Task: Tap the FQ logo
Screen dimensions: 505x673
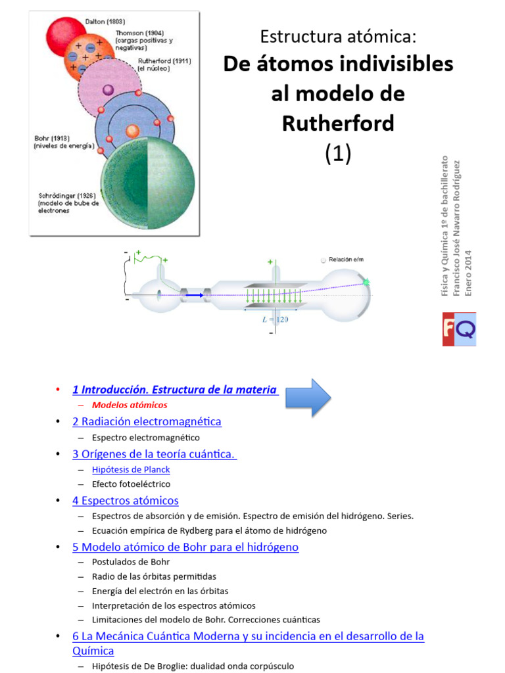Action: coord(458,329)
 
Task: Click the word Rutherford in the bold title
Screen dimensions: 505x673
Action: coord(338,123)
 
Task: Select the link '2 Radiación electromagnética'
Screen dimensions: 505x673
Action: coord(147,421)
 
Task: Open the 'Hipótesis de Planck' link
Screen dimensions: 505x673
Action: coord(131,469)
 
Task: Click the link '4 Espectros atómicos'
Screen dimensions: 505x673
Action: coord(125,500)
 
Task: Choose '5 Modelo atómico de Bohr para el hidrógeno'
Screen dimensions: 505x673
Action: coord(185,546)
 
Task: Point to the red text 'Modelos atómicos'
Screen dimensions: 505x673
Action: coord(130,405)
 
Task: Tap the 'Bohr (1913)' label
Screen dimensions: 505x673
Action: coord(52,139)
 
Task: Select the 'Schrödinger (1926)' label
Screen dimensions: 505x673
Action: coord(68,196)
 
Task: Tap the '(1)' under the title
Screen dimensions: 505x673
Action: coord(338,153)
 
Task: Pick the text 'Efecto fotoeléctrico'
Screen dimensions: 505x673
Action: coord(131,484)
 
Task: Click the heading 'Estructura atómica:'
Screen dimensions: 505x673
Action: coord(338,36)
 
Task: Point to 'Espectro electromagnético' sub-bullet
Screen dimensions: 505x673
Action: coord(145,437)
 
